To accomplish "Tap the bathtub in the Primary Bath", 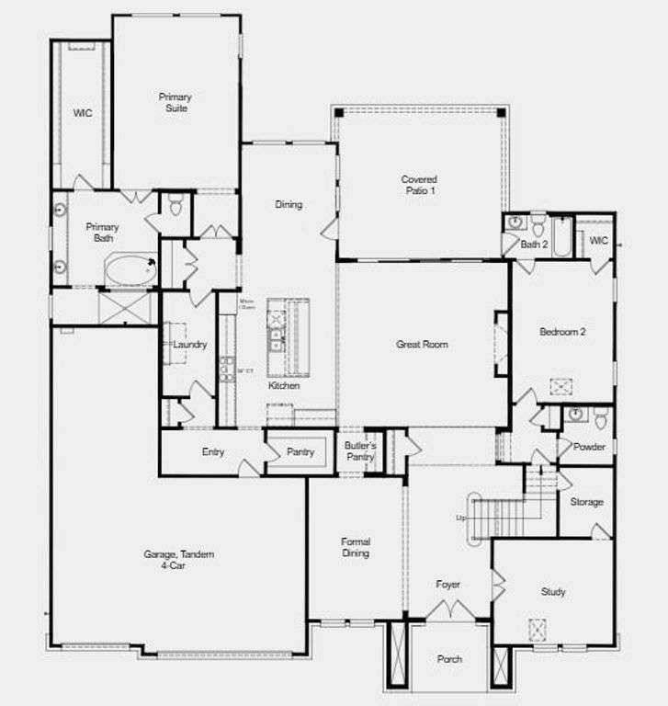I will coord(130,270).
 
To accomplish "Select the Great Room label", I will coord(422,345).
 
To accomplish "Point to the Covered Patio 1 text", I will coord(419,185).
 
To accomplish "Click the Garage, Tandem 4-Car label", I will coord(178,560).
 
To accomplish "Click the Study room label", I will coord(553,592).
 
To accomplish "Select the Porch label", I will coord(449,659).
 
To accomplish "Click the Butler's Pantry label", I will coord(360,451).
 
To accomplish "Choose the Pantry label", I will coord(300,452).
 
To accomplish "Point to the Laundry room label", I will coord(190,345).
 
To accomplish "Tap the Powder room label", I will coord(589,447).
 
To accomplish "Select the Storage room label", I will coord(586,502).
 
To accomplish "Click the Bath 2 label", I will coord(534,245).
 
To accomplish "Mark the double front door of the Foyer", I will coord(450,609).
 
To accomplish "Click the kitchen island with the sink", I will coord(288,338).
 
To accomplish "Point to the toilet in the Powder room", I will coord(601,419).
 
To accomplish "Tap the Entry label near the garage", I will coord(213,451).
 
